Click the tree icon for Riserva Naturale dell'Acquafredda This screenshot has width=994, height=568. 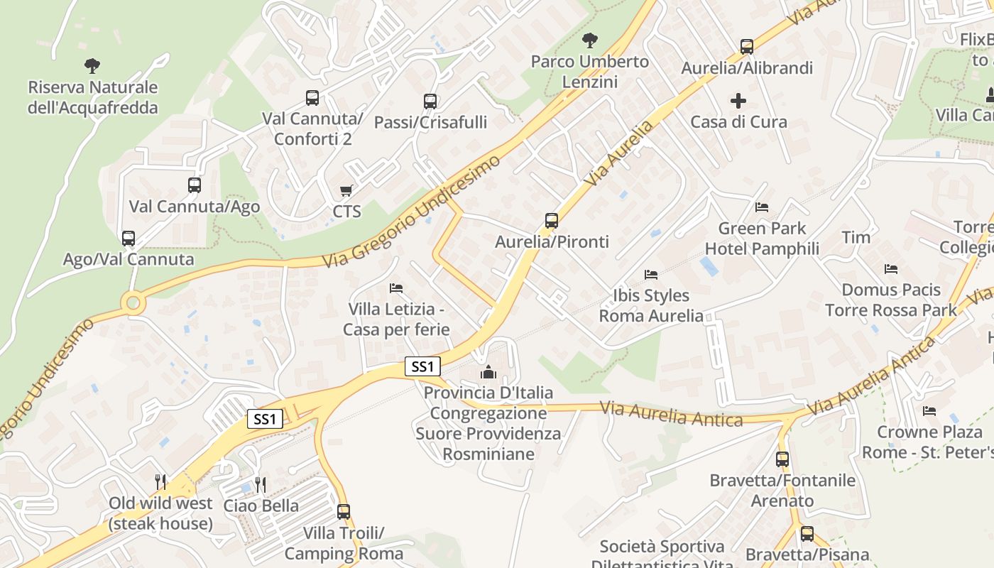coord(92,66)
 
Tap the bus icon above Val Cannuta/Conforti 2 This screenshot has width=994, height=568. coord(312,98)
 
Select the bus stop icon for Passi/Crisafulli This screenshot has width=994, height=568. coord(430,101)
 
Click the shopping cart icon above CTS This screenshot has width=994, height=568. coord(346,190)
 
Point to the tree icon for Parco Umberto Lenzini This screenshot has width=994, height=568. coord(589,40)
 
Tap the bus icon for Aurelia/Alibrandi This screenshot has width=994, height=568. coord(746,47)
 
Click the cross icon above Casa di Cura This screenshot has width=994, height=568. coord(738,101)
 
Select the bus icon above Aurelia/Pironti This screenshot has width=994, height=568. coord(552,221)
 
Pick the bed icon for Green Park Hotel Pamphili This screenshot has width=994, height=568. coord(762,207)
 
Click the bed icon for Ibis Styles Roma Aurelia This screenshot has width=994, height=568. coord(651,274)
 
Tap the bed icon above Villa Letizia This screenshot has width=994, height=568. coord(396,288)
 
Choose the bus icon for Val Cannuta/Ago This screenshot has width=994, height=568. coord(195,185)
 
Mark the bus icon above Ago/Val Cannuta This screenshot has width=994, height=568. coord(129,238)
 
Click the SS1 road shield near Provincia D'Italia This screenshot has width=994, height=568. coord(422,366)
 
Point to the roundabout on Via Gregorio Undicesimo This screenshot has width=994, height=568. coord(133,304)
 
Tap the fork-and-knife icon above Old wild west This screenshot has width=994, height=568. coord(160,482)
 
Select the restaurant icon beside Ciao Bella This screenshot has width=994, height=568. coord(261,485)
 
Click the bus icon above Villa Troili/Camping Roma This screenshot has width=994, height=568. coord(344,511)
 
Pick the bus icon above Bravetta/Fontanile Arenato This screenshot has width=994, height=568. coord(782,459)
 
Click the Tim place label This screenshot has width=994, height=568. coord(856,237)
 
